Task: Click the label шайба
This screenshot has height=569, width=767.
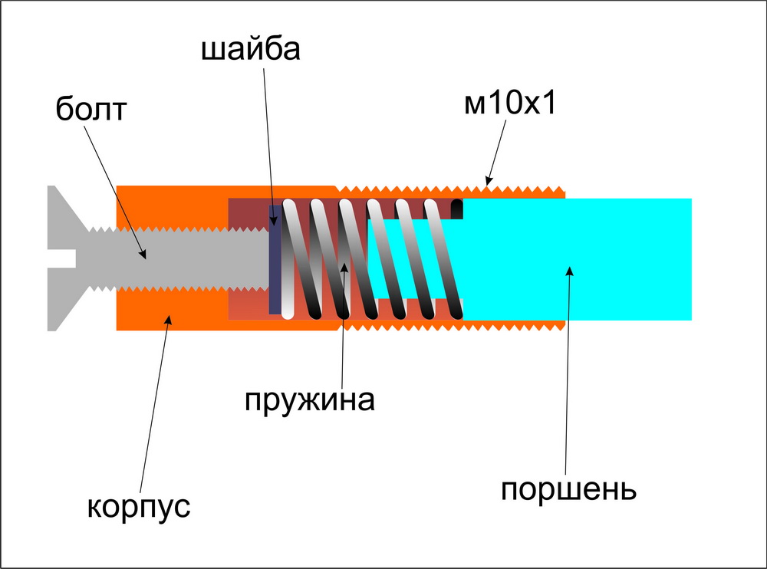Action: coord(251,51)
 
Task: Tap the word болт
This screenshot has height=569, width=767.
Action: coord(91,110)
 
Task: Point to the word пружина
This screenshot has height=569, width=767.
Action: coord(310,400)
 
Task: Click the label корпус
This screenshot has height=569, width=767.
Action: coord(138,507)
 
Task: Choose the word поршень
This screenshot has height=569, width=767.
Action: coord(568,489)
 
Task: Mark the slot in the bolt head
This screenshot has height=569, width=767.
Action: coord(61,258)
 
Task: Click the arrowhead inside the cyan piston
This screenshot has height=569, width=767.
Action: coord(568,269)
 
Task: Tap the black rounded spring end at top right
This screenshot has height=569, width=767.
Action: coord(458,207)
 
